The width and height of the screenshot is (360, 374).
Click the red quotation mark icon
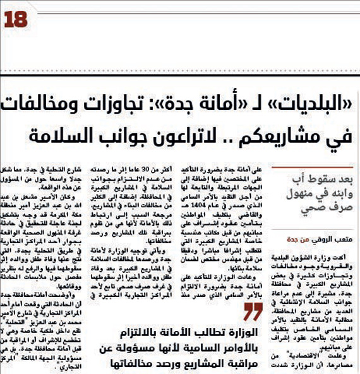coord(253,311)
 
